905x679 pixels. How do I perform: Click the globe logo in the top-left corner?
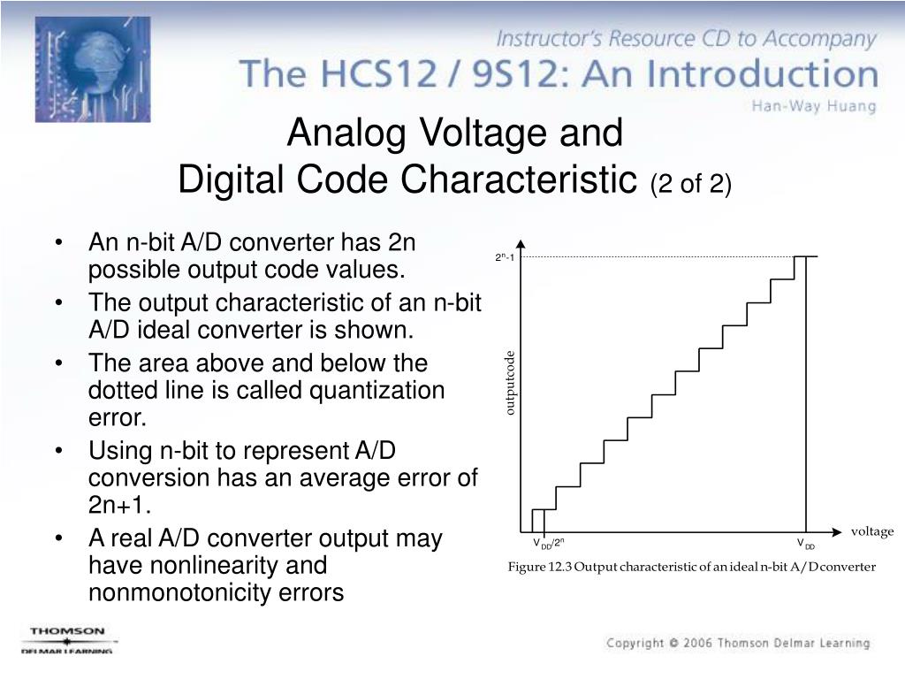(x=92, y=69)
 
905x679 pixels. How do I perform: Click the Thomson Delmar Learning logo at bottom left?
(x=67, y=638)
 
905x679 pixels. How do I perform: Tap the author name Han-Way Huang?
(x=813, y=106)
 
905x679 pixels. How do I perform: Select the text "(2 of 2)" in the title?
(x=691, y=183)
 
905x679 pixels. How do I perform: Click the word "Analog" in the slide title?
(x=347, y=134)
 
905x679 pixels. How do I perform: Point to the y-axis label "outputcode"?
(x=509, y=383)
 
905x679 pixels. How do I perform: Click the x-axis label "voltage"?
(x=872, y=531)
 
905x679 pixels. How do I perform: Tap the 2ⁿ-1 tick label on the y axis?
(x=504, y=257)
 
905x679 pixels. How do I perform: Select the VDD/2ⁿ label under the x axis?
(x=548, y=544)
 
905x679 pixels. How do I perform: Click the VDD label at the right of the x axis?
(x=805, y=544)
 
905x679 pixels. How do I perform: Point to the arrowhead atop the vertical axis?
(x=521, y=245)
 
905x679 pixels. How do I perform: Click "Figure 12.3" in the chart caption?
(x=538, y=567)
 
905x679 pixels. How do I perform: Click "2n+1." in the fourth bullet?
(x=119, y=504)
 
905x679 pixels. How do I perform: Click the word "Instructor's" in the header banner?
(x=547, y=40)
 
